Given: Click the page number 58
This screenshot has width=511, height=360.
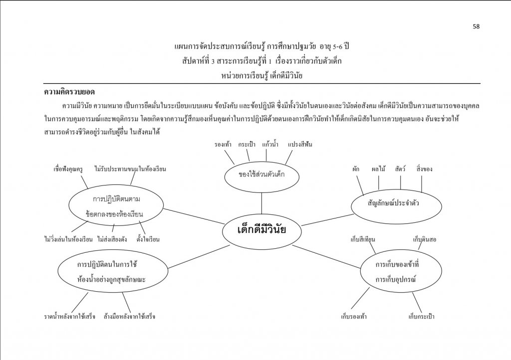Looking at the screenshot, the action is pos(476,27).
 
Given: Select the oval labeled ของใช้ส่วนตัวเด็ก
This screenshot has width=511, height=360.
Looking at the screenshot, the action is pos(261,177).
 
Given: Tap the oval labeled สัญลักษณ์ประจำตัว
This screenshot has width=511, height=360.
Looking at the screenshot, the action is pos(396,206).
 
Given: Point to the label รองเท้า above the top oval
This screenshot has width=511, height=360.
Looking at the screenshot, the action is pos(223,145).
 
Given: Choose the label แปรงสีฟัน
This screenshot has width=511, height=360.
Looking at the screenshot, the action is pos(300,145).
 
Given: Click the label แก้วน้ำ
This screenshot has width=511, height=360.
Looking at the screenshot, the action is pos(270,145).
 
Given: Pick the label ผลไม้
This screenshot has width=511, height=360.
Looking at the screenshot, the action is pos(378,169).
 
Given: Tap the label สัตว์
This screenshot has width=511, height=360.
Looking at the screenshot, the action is pos(400,169).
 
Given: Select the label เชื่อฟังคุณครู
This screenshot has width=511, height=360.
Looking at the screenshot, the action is pos(68,169).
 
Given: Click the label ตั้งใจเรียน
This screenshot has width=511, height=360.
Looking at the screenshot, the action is pos(148,239).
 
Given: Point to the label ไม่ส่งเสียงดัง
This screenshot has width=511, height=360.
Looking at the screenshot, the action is pos(112,239).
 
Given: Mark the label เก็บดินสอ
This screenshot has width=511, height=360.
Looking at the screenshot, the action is pos(424,239).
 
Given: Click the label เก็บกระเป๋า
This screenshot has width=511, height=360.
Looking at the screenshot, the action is pos(421,317).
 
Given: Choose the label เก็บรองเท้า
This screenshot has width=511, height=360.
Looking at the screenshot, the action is pos(354,317).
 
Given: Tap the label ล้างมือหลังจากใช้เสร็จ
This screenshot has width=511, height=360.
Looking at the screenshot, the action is pos(129,317).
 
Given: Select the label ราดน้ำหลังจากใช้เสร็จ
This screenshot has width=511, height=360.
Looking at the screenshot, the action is pos(70,317).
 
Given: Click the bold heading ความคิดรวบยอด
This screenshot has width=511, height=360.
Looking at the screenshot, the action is pos(69,92).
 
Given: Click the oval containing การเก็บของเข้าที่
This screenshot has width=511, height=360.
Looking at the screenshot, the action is pos(401,271).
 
